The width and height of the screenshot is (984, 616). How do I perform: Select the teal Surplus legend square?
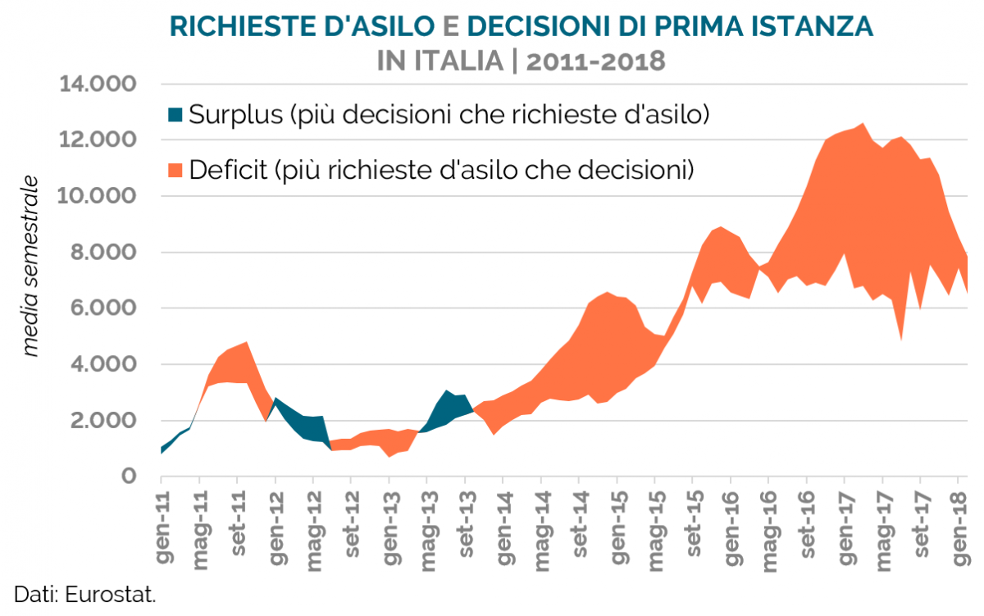coord(175,113)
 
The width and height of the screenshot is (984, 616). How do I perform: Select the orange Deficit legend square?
coord(175,170)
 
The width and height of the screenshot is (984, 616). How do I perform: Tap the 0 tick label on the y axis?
coord(128,477)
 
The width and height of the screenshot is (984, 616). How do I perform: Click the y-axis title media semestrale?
coord(31,265)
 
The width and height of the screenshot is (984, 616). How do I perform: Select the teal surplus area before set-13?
coord(450,406)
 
